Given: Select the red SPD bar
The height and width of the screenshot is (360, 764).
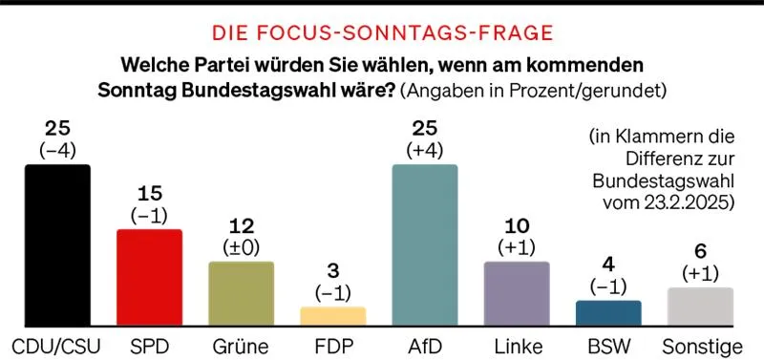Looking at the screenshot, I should point(149,278).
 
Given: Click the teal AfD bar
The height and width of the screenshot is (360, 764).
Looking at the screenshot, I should point(425,245).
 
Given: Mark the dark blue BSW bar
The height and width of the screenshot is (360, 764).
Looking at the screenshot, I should point(609,313).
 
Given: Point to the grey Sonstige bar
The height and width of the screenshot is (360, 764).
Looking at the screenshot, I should point(701,307).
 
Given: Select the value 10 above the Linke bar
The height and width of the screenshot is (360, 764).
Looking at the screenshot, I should point(517,225).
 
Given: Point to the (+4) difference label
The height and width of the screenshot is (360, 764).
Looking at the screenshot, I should point(425,149).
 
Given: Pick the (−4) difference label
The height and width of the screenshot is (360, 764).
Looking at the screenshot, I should point(57,149).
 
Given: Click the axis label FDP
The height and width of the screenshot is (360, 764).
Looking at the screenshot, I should point(333,345).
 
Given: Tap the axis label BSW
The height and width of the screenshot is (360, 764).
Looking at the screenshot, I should point(609,345).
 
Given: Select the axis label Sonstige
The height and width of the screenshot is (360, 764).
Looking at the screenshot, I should point(701,345).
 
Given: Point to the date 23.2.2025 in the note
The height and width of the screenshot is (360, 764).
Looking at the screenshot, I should point(688,203).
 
